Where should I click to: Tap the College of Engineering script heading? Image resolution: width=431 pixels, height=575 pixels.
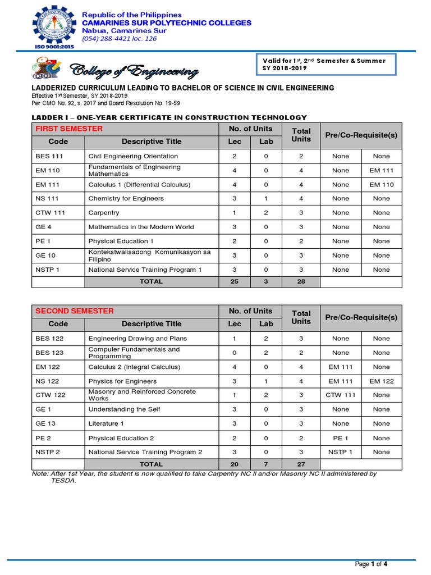(134, 71)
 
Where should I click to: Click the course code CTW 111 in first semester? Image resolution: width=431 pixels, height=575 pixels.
(49, 213)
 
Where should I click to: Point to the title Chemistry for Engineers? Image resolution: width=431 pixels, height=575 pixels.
(126, 198)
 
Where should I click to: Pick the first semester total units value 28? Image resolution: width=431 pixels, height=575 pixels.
(301, 281)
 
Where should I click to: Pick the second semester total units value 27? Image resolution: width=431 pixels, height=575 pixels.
(301, 464)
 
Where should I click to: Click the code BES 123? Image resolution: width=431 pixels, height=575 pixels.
(49, 353)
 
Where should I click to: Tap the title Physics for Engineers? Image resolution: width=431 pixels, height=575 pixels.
(122, 381)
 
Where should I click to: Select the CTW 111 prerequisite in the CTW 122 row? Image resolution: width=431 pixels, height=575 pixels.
(341, 395)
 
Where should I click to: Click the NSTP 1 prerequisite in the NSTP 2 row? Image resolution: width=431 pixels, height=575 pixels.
(341, 452)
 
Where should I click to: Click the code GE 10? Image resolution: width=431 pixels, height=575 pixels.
(45, 255)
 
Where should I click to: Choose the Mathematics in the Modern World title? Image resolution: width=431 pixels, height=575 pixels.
(141, 227)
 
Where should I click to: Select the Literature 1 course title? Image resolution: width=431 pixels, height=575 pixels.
(106, 424)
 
